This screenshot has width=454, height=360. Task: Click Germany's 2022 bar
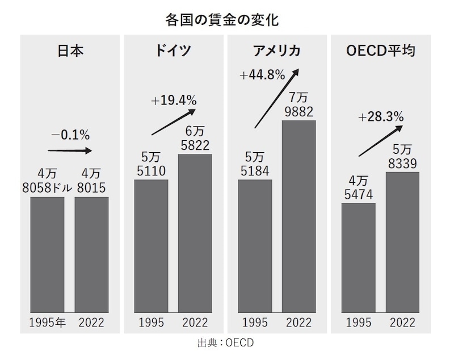click(x=195, y=233)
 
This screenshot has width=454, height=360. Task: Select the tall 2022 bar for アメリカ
click(x=299, y=216)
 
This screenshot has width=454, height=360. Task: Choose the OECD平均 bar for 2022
click(x=402, y=241)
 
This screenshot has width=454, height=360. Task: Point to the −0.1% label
click(x=70, y=135)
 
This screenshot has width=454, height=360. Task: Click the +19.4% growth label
click(x=174, y=101)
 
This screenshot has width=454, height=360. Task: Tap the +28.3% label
click(x=381, y=118)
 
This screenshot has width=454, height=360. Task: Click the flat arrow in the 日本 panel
click(x=70, y=151)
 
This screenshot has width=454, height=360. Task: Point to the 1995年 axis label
click(x=48, y=323)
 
